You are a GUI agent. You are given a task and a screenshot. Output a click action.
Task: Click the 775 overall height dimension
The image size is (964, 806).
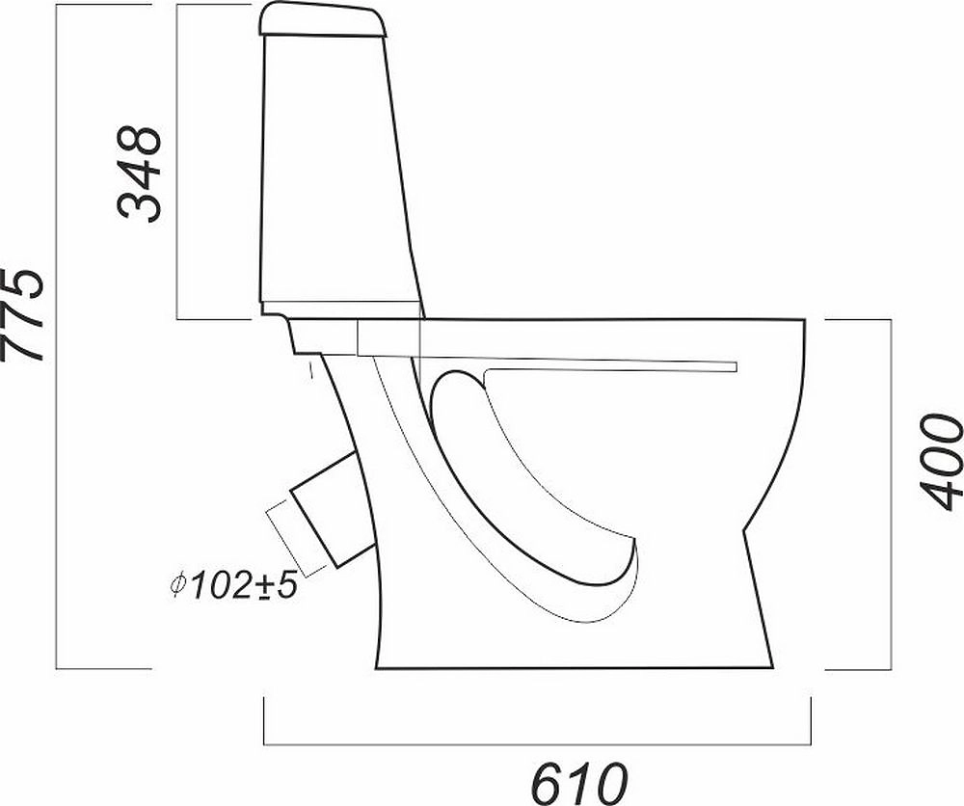(x=23, y=313)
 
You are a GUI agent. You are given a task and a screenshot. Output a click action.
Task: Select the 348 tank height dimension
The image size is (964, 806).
(x=139, y=174)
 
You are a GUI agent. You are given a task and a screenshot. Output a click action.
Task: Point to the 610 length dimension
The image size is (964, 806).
(x=579, y=783)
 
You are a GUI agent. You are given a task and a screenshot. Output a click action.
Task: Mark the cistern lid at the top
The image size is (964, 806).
(x=323, y=19)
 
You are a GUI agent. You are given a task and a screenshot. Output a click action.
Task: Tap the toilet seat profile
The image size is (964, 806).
(x=547, y=346)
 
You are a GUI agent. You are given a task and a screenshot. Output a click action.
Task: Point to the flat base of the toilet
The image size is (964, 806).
(x=575, y=668)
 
